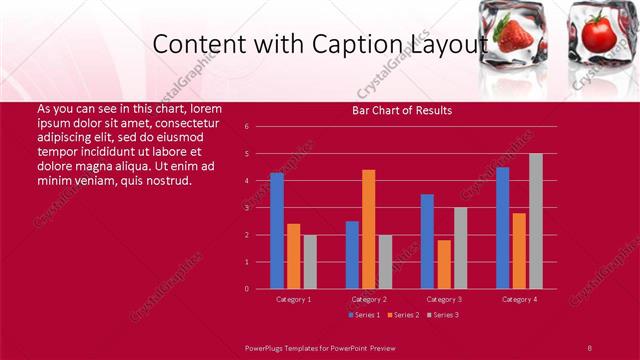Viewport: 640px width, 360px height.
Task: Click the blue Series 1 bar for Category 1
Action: point(277,231)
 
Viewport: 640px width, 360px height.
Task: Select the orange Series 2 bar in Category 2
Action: point(369,229)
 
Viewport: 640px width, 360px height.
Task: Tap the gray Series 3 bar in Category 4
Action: point(536,221)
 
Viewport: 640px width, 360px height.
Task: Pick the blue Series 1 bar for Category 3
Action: point(427,241)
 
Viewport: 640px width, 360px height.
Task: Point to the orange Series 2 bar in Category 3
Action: point(444,264)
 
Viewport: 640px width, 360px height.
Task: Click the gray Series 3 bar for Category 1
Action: point(310,262)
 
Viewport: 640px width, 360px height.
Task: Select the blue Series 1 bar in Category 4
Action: point(502,228)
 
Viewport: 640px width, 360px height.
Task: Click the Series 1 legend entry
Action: point(363,315)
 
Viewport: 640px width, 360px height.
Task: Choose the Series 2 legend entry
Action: point(401,315)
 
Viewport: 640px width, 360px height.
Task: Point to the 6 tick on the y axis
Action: point(246,127)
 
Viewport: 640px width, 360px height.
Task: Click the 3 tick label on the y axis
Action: point(246,208)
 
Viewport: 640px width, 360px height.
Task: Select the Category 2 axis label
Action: point(369,299)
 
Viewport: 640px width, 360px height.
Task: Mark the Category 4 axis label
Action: point(519,299)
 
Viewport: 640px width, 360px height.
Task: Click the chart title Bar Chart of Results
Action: point(402,110)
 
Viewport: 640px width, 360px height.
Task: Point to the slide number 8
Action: point(590,347)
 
